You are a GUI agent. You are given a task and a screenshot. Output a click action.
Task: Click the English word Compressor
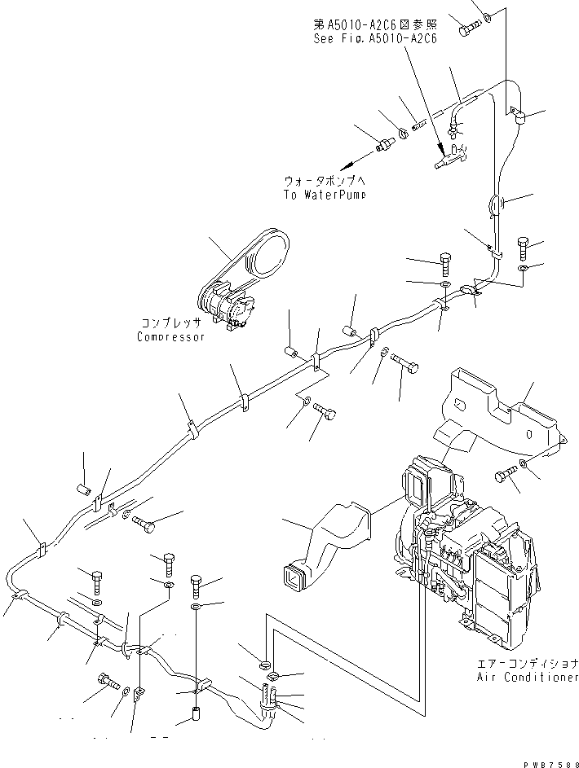point(170,337)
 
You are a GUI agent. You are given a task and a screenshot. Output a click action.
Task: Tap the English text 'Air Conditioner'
point(528,677)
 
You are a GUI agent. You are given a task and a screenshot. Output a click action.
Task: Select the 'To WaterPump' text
point(325,195)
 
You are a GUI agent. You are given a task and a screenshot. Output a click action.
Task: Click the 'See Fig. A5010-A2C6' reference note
point(376,38)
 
